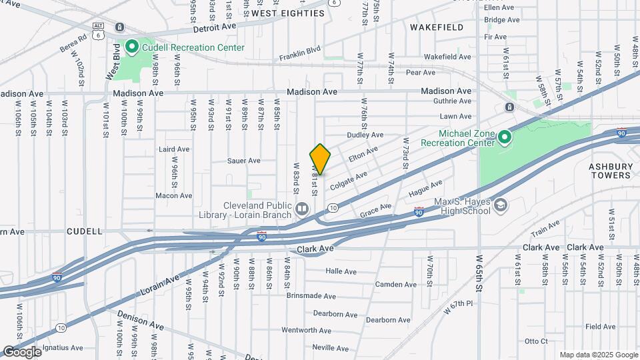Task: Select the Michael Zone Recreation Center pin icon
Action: coord(505,138)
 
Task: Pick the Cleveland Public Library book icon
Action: coord(302,210)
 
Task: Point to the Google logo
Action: coord(21,351)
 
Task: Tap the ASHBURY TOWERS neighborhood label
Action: coord(609,171)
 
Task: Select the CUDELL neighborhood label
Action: coord(85,231)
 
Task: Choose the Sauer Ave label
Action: coord(243,161)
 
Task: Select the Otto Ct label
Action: coord(536,341)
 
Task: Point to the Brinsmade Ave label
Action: coord(313,295)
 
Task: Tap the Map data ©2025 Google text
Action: coord(598,355)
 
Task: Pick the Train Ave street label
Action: coord(545,230)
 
